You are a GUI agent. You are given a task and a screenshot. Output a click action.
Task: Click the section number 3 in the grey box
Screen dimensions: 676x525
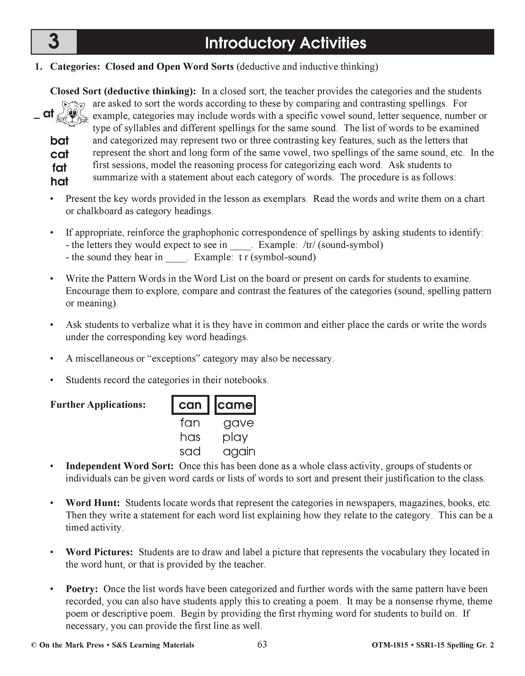[x=54, y=42]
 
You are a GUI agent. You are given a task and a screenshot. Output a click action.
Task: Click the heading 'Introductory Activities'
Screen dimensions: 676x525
[x=285, y=43]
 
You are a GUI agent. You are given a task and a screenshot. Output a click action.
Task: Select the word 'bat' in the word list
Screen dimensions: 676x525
[x=59, y=141]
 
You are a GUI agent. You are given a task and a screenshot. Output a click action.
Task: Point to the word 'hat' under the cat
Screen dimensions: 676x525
[x=59, y=181]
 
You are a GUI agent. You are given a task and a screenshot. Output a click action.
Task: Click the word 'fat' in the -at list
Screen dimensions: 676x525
[x=59, y=168]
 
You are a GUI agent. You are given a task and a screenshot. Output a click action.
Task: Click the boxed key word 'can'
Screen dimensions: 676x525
[x=190, y=405]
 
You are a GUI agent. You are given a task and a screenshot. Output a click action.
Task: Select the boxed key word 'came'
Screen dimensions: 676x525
[x=235, y=405]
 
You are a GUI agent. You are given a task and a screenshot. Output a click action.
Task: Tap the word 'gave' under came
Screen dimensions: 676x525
[x=238, y=423]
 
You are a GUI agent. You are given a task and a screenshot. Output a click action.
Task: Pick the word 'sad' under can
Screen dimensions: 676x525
[x=190, y=451]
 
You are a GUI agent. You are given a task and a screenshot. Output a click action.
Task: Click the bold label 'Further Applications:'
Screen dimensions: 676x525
[x=98, y=404]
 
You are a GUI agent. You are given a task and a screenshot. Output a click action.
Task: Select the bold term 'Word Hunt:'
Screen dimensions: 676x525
[x=93, y=503]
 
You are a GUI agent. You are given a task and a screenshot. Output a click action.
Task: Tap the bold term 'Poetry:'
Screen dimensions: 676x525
[x=82, y=589]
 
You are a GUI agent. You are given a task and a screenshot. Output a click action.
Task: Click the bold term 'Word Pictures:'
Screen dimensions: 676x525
[x=99, y=552]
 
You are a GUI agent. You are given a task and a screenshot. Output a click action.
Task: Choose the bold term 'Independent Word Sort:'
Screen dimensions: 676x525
[x=119, y=466]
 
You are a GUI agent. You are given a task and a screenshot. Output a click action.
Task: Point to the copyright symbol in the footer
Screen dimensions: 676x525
[x=34, y=645]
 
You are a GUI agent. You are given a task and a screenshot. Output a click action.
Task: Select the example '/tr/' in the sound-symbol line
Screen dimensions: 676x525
[x=309, y=245]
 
